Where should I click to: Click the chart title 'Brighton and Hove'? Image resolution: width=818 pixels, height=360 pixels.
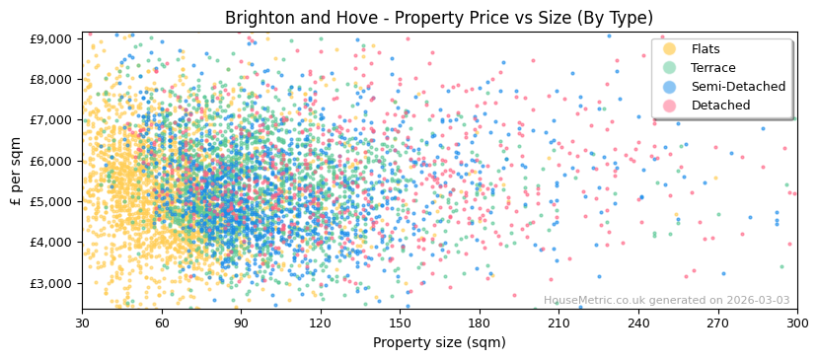pyautogui.click(x=439, y=18)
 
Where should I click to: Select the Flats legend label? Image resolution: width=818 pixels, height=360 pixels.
pyautogui.click(x=706, y=49)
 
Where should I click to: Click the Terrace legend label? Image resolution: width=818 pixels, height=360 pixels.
pyautogui.click(x=712, y=68)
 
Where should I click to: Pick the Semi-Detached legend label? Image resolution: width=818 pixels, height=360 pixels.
pyautogui.click(x=738, y=87)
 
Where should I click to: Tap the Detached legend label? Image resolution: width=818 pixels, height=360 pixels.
pyautogui.click(x=720, y=106)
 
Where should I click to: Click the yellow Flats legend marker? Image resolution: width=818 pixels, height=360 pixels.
pyautogui.click(x=669, y=49)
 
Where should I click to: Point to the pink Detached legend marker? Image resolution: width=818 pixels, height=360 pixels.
pyautogui.click(x=669, y=106)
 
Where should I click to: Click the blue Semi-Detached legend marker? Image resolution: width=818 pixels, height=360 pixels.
pyautogui.click(x=669, y=87)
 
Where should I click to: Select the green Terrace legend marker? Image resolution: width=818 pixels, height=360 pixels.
pyautogui.click(x=669, y=68)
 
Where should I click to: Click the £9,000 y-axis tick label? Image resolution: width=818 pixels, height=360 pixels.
pyautogui.click(x=51, y=38)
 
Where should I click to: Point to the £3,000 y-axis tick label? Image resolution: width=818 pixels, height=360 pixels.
pyautogui.click(x=51, y=283)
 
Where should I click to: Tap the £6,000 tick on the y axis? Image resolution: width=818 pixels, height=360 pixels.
pyautogui.click(x=51, y=161)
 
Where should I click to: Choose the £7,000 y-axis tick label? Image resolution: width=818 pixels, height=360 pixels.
pyautogui.click(x=51, y=120)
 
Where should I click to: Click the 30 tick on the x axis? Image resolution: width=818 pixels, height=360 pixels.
pyautogui.click(x=82, y=323)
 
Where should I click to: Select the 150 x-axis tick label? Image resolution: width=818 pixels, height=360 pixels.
pyautogui.click(x=400, y=323)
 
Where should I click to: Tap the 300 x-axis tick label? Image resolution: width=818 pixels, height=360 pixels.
pyautogui.click(x=796, y=323)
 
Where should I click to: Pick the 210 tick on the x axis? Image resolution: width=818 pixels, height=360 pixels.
pyautogui.click(x=558, y=323)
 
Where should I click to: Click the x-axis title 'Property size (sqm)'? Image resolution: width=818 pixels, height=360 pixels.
pyautogui.click(x=439, y=342)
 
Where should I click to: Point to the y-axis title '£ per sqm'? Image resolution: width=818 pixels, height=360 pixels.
pyautogui.click(x=16, y=171)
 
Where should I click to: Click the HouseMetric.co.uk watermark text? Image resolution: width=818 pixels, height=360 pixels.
pyautogui.click(x=666, y=301)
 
